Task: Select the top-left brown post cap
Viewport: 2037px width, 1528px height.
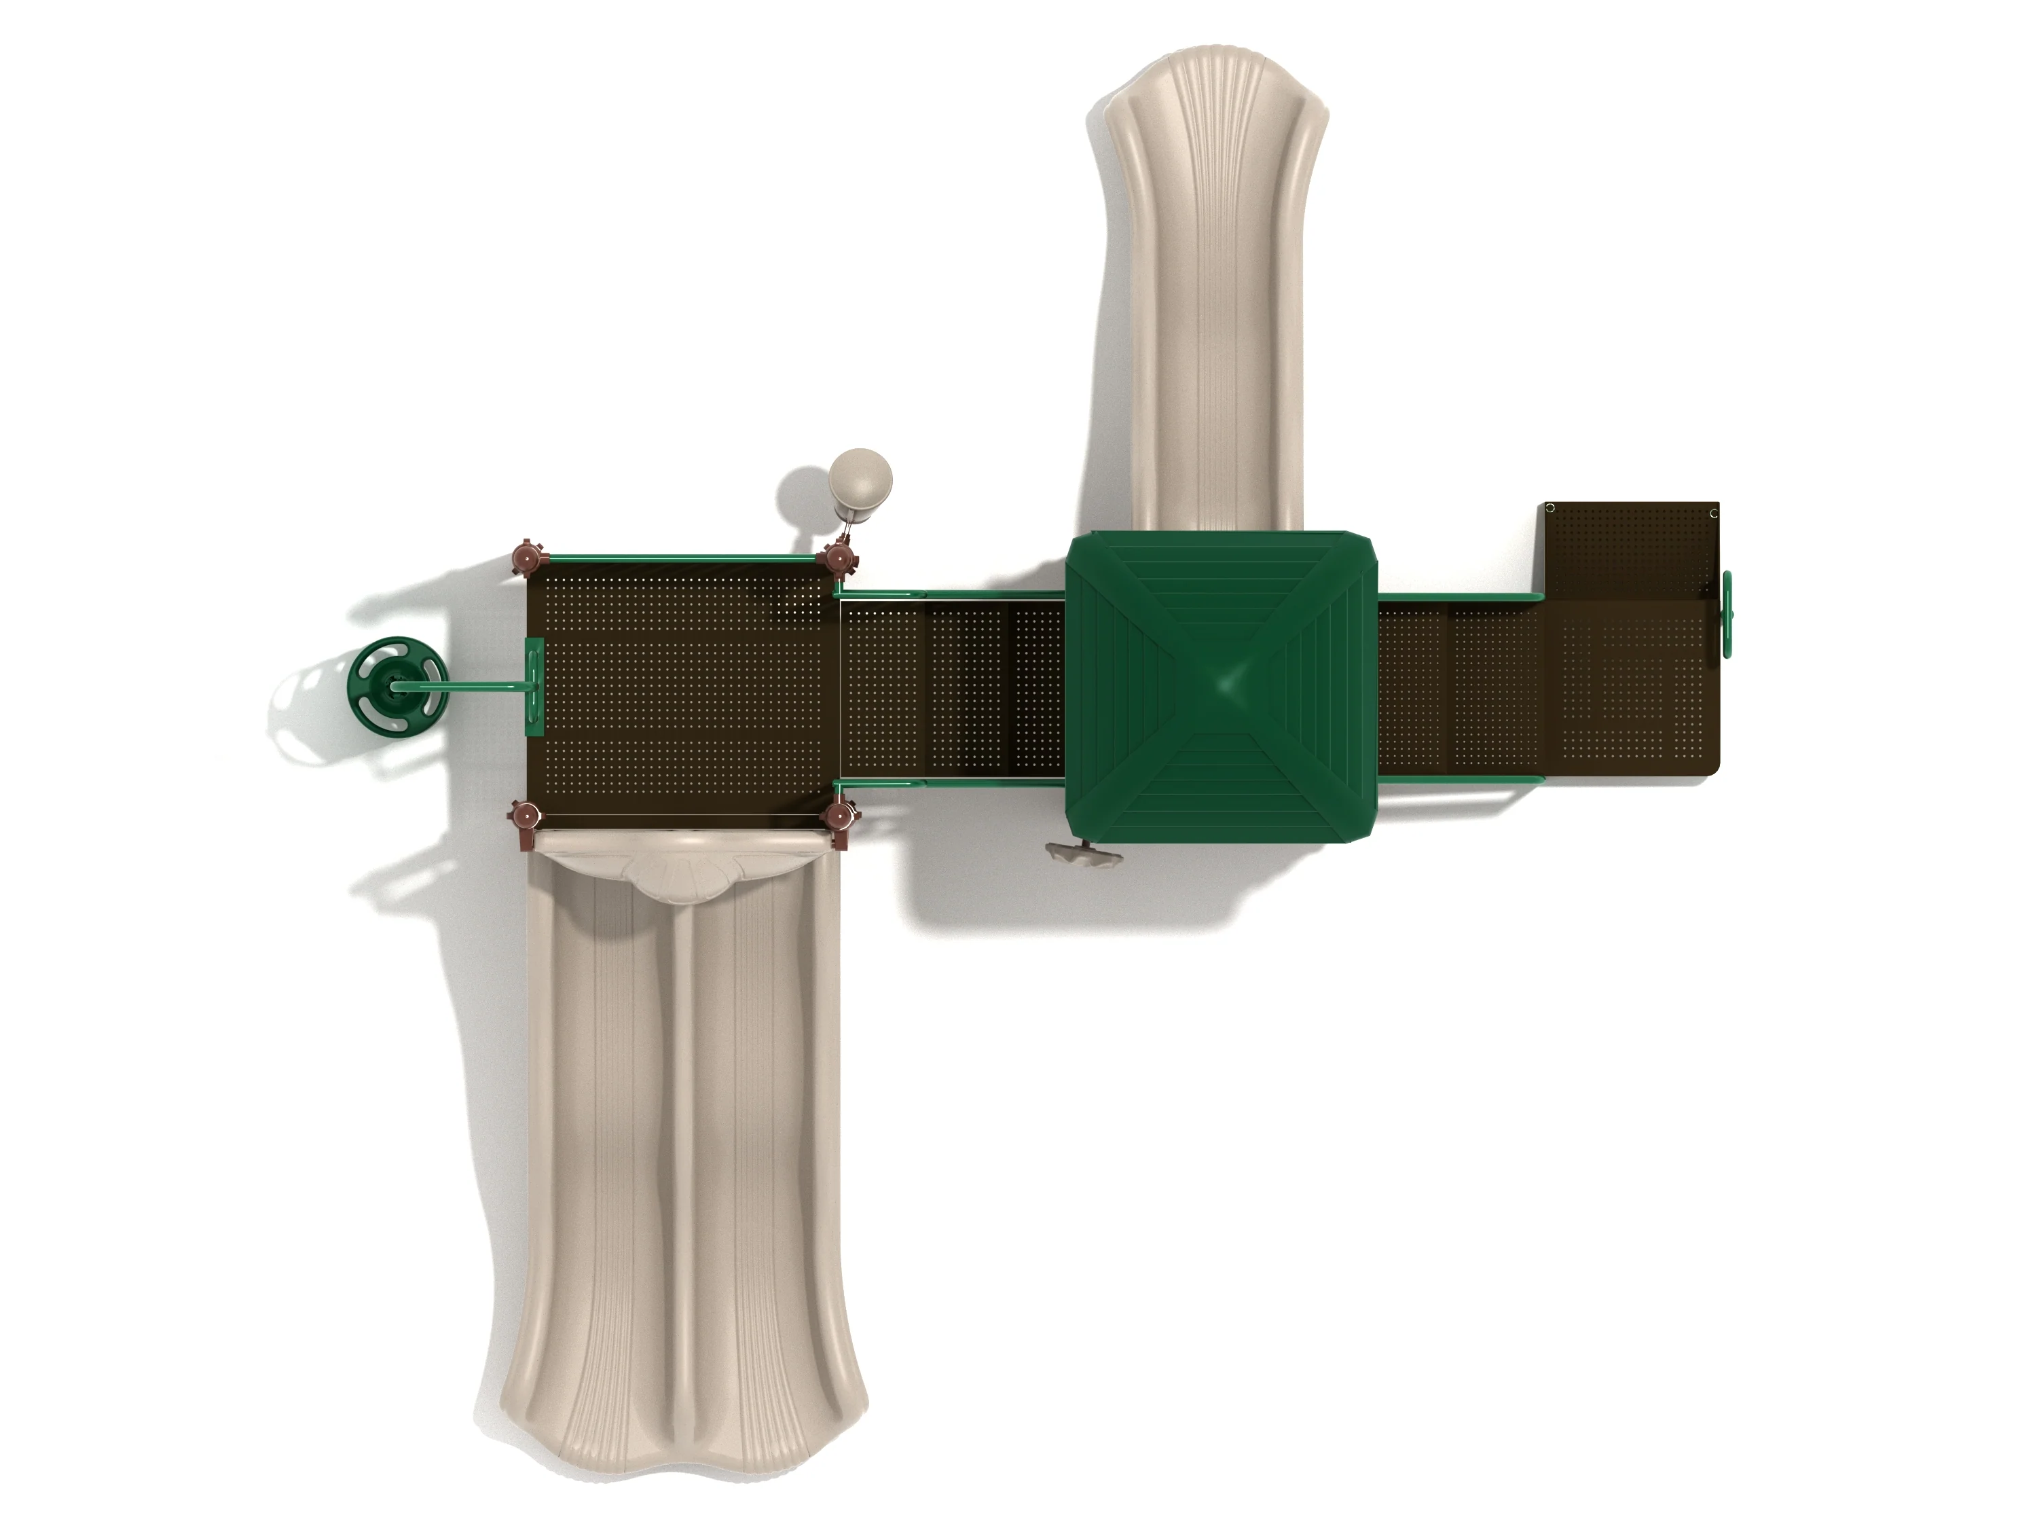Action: (527, 558)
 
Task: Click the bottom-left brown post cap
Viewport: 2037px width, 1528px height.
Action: (527, 814)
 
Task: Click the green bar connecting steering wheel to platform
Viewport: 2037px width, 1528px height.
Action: (479, 685)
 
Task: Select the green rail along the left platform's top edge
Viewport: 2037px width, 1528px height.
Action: (682, 558)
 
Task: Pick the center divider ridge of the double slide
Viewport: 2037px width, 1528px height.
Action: (682, 1151)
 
